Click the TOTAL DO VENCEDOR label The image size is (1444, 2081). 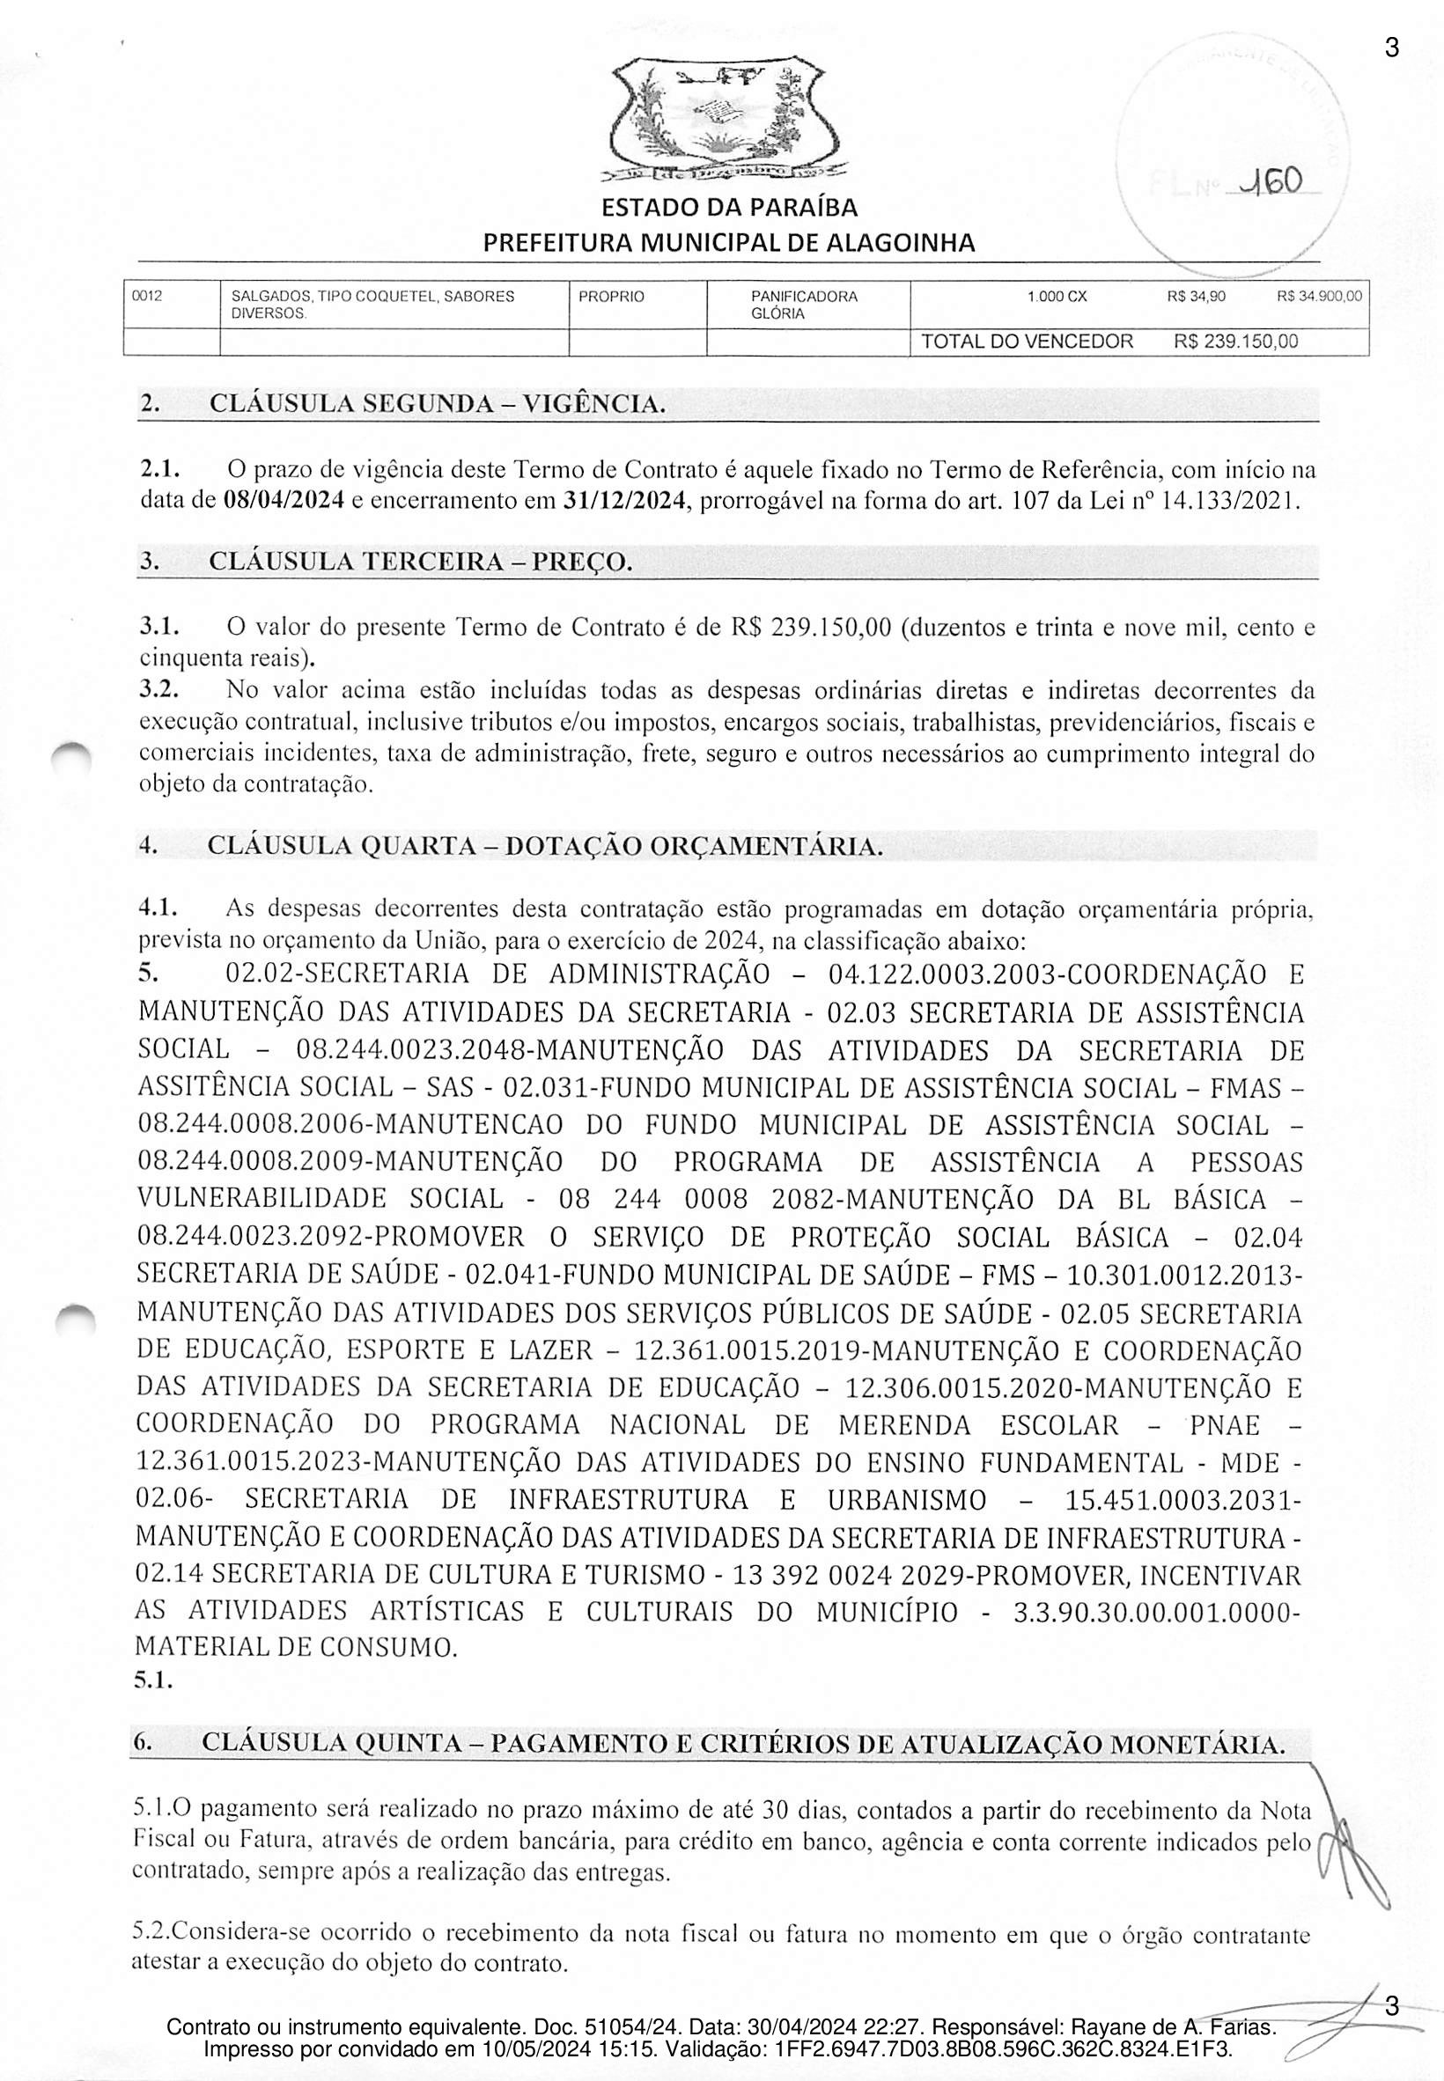[x=1026, y=342]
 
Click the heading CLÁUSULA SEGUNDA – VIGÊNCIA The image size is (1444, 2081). [x=437, y=403]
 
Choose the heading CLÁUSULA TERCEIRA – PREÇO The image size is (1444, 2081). [x=420, y=562]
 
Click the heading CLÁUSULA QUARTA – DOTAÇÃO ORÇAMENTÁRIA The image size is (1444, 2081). [x=545, y=847]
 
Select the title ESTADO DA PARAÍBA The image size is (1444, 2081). [x=729, y=208]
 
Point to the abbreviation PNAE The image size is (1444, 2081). [x=1224, y=1426]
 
